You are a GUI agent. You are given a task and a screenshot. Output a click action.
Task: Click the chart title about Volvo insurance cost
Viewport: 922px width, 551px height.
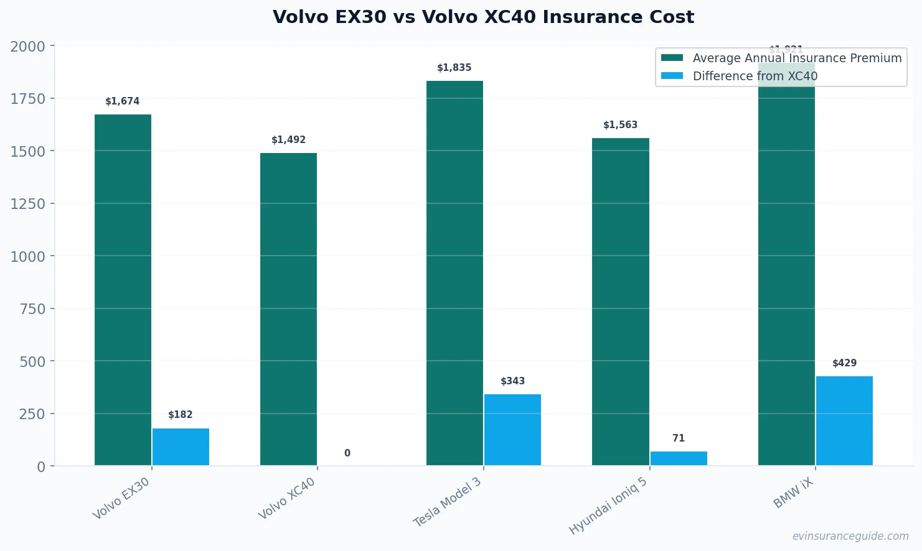click(x=483, y=17)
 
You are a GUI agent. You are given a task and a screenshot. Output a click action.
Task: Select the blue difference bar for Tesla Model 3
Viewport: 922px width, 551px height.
click(x=512, y=430)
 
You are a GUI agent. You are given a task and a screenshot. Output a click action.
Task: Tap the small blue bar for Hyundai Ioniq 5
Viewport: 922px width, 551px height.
click(x=679, y=458)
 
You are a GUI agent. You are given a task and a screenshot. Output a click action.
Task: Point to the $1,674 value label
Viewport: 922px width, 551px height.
click(x=123, y=101)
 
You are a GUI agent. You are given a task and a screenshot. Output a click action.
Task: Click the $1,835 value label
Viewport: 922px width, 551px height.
click(x=454, y=68)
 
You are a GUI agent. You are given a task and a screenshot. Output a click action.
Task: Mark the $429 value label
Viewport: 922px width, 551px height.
click(x=844, y=363)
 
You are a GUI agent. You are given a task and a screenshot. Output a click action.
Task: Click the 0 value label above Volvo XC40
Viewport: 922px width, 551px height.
click(x=347, y=453)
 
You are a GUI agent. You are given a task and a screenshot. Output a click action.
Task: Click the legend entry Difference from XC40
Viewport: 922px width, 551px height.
click(x=755, y=76)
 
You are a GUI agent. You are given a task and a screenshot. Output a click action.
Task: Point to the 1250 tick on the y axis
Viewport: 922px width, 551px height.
click(x=28, y=203)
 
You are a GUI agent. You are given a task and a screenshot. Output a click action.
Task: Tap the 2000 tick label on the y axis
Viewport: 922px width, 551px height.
click(x=28, y=47)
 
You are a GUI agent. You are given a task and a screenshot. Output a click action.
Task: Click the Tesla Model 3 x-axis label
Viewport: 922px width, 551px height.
click(x=448, y=502)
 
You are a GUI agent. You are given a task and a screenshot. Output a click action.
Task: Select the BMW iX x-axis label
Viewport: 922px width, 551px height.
click(x=794, y=494)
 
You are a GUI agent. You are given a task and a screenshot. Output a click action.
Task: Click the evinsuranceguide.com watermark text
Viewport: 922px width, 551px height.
click(x=850, y=536)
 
